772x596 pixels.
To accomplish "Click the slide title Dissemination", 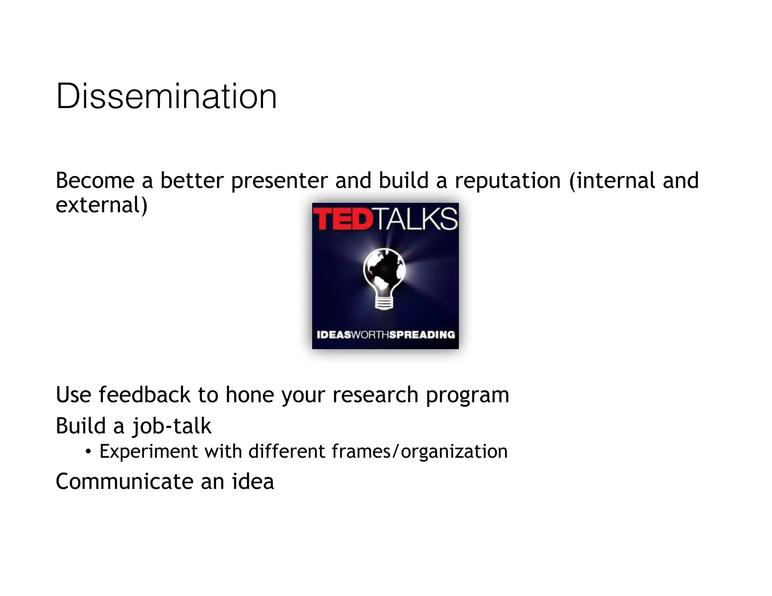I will click(x=166, y=96).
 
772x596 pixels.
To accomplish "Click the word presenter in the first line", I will click(x=279, y=181).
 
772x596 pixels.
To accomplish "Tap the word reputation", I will click(x=508, y=181).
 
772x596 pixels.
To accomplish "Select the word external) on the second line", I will click(x=101, y=205).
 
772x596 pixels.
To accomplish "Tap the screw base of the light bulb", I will click(x=384, y=302).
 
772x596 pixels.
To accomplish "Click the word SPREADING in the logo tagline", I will click(x=422, y=335).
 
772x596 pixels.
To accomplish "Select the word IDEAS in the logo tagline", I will click(x=334, y=335).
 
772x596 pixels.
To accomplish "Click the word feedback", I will click(x=145, y=395).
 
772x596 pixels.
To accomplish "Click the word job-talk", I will click(x=172, y=426).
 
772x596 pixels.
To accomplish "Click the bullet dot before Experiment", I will click(x=88, y=451).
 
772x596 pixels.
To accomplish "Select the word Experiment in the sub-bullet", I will click(x=149, y=452).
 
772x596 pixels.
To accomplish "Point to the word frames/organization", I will click(x=420, y=452).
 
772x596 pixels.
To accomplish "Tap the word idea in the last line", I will click(x=253, y=481).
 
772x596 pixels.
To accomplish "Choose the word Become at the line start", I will click(x=95, y=181).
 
